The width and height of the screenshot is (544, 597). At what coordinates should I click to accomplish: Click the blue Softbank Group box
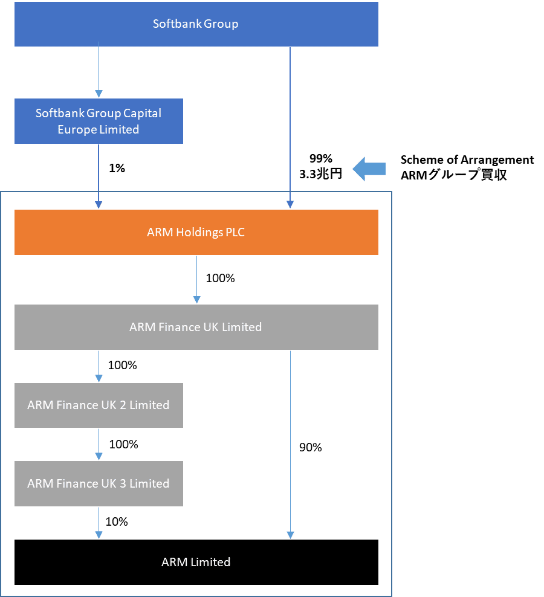pos(196,24)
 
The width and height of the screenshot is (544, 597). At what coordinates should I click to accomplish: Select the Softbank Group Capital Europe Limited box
pos(99,121)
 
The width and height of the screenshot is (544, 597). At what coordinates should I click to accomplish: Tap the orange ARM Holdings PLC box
pos(196,232)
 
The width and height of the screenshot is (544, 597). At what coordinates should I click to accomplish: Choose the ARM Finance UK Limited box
pos(196,327)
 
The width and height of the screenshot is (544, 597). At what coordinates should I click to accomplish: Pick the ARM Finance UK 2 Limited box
pos(99,405)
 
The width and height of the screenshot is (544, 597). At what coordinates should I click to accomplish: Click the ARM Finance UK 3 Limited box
pos(99,483)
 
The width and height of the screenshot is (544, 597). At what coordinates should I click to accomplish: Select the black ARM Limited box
pos(196,562)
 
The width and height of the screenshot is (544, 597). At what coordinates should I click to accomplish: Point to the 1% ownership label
pos(117,169)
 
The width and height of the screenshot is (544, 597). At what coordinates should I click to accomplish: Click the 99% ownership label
pos(320,159)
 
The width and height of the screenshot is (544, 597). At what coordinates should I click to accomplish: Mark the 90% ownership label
pos(310,448)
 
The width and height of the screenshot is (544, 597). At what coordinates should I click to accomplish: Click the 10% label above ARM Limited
pos(116,521)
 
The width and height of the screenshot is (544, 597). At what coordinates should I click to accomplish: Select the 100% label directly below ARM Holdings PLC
pos(220,279)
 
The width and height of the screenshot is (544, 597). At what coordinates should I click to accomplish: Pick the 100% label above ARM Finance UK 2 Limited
pos(122,366)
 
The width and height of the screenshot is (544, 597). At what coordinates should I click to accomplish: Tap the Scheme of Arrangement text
pos(467,160)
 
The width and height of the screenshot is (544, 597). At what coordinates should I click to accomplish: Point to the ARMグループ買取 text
pos(454,175)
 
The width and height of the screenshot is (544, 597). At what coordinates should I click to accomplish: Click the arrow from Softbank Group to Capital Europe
pos(99,69)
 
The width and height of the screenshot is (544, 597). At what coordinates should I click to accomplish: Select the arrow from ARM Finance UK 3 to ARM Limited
pos(99,523)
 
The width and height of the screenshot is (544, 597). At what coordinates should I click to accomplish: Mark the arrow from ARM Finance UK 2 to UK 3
pos(99,445)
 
